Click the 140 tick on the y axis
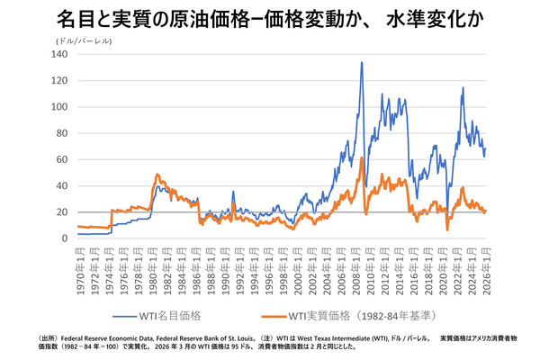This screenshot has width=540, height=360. point(60,55)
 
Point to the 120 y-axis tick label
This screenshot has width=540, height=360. point(60,81)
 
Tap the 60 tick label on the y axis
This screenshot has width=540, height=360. point(62,159)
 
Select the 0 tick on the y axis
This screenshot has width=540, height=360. point(65,238)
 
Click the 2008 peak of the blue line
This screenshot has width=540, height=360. point(362,63)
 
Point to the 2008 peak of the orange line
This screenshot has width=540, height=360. point(362,158)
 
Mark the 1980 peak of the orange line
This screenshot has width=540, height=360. point(157,175)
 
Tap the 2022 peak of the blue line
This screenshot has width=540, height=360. point(463,88)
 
